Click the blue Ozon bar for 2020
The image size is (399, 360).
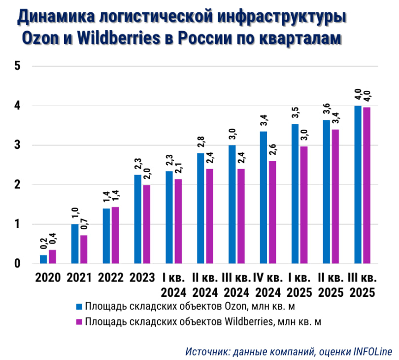(43, 259)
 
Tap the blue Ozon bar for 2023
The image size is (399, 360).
(137, 219)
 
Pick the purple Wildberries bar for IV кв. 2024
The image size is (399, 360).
(272, 212)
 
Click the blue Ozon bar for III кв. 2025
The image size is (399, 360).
(358, 184)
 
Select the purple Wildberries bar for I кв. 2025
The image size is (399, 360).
(304, 205)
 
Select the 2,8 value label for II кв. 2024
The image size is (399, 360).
(200, 143)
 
